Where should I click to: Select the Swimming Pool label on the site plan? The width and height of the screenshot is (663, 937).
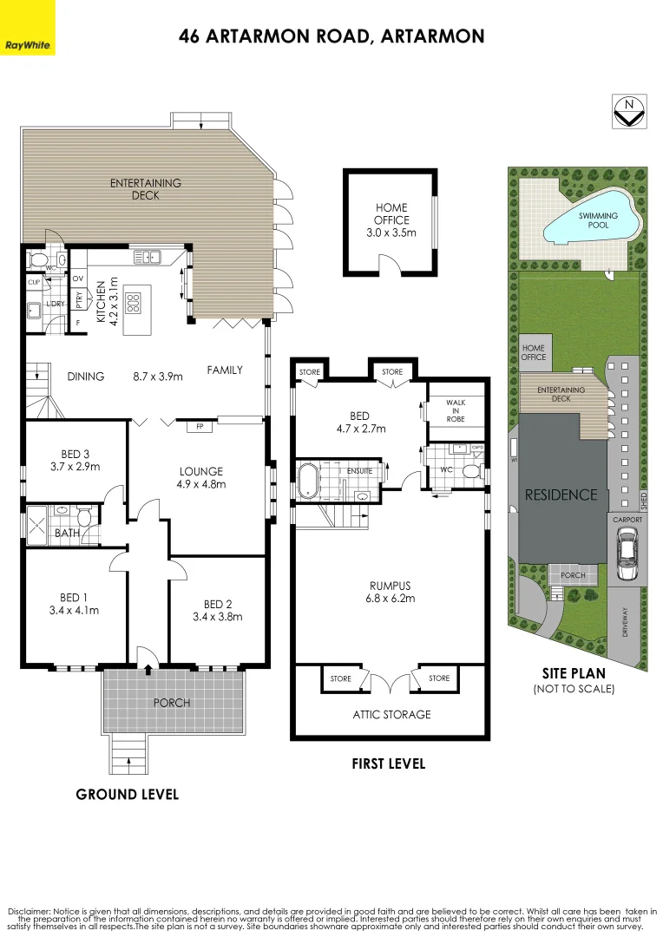tap(599, 220)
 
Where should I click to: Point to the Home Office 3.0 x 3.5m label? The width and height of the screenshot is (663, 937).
tap(391, 220)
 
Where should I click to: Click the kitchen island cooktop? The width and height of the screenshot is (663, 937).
tap(135, 303)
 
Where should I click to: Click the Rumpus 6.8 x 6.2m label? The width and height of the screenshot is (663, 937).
tap(389, 592)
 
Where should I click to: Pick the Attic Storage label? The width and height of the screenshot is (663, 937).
tap(391, 715)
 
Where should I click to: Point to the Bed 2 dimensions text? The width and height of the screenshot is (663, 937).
tap(218, 617)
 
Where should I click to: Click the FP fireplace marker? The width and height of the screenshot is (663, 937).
tap(200, 426)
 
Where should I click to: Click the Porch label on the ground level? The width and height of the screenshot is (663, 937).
tap(172, 702)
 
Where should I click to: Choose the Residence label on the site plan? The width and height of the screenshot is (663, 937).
tap(561, 495)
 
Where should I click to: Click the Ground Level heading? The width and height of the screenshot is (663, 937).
tap(128, 794)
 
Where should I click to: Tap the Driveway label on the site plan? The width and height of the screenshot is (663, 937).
tap(626, 621)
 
